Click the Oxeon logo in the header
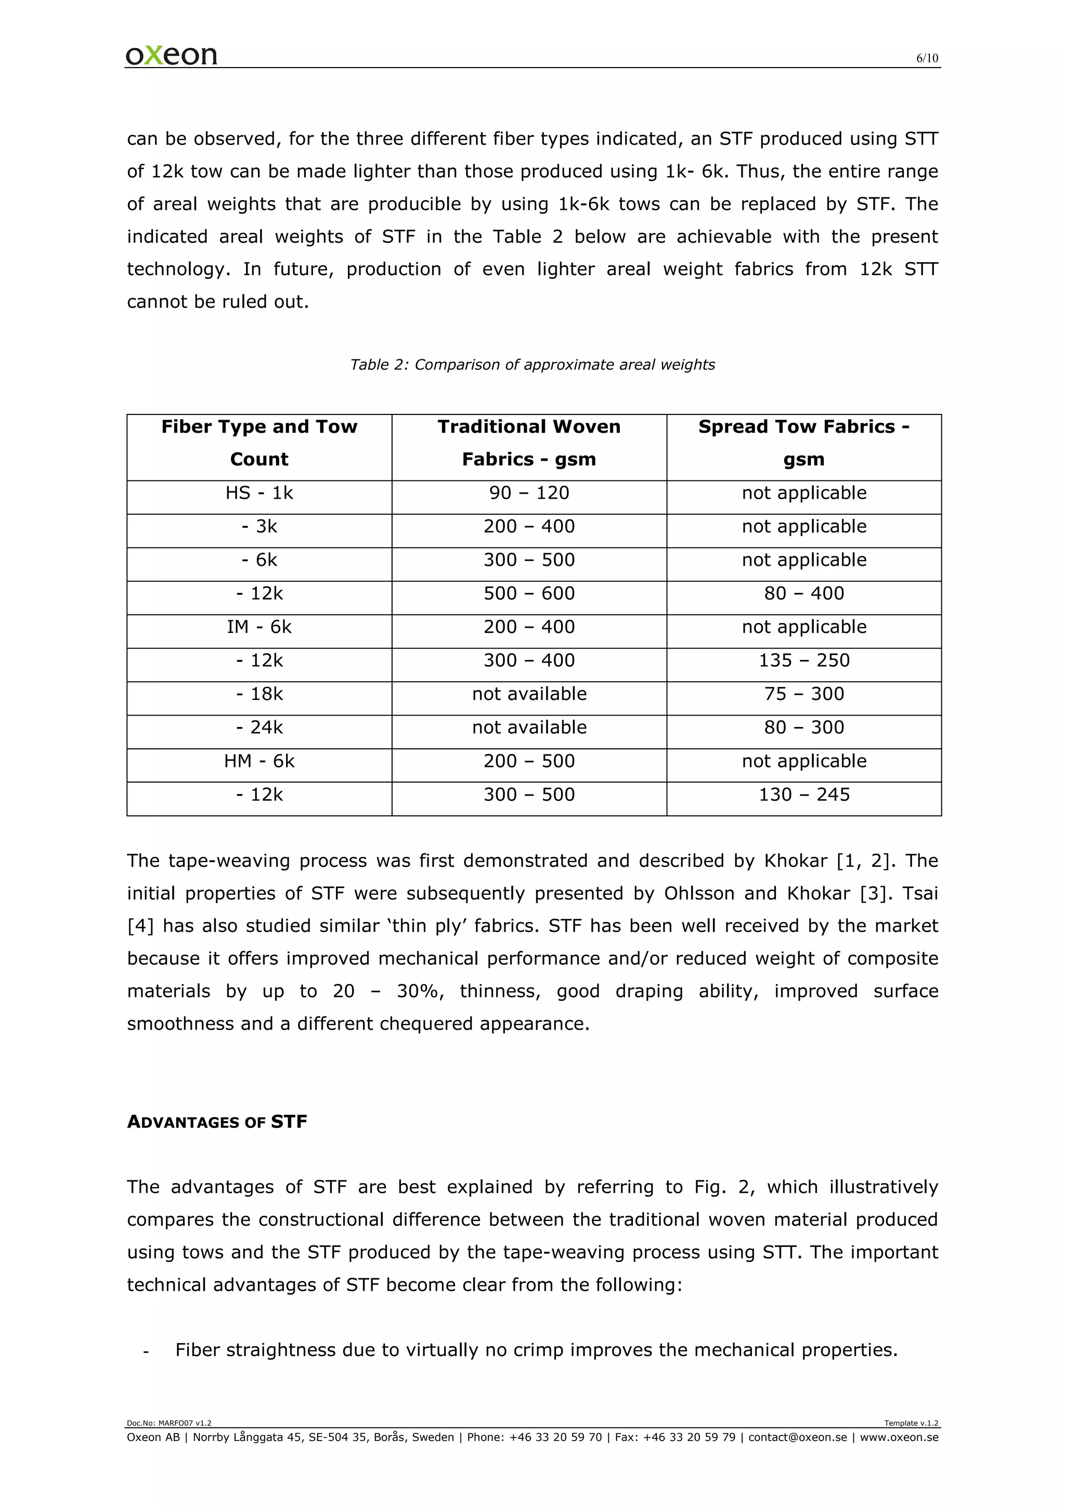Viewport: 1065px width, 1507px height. coord(171,55)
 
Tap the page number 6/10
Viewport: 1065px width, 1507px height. coord(927,58)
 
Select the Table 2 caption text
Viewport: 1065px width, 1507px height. coord(532,365)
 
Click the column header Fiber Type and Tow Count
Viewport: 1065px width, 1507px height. coord(259,443)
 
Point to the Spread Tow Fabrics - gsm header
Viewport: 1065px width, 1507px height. coord(803,443)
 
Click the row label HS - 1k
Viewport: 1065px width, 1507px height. coord(259,493)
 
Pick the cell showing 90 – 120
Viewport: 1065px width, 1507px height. coord(529,493)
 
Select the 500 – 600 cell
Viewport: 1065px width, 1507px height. coord(529,593)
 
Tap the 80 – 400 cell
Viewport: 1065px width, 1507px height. coord(803,593)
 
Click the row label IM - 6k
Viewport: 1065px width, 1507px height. coord(259,627)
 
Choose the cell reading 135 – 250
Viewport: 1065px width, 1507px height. coord(803,660)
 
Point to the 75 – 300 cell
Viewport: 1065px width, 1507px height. coord(803,694)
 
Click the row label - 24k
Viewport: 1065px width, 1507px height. coord(259,727)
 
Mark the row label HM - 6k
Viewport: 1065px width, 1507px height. coord(259,761)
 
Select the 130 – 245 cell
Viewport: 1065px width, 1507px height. coord(803,795)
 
